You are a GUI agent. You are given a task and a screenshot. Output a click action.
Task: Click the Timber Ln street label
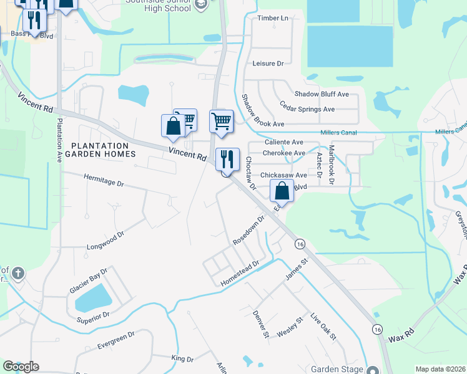(x=273, y=18)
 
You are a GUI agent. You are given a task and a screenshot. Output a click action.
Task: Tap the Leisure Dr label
(x=268, y=64)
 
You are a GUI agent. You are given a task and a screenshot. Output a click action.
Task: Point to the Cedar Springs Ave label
(x=307, y=109)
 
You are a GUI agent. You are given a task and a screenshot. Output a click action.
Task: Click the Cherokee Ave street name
(x=283, y=153)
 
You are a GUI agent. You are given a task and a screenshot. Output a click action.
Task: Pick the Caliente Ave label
(x=283, y=142)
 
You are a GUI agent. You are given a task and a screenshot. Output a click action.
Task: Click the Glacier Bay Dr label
(x=89, y=284)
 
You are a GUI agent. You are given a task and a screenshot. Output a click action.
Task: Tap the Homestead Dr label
(x=240, y=274)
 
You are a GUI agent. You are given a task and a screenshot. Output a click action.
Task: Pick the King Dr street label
(x=182, y=359)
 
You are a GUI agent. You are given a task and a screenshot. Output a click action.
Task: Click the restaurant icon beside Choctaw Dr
(x=228, y=160)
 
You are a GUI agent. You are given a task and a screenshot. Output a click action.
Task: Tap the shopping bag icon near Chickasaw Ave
(x=282, y=192)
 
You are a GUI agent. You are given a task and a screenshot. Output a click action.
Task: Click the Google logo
(x=21, y=367)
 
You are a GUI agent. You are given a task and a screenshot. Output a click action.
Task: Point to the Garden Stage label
(x=337, y=369)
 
